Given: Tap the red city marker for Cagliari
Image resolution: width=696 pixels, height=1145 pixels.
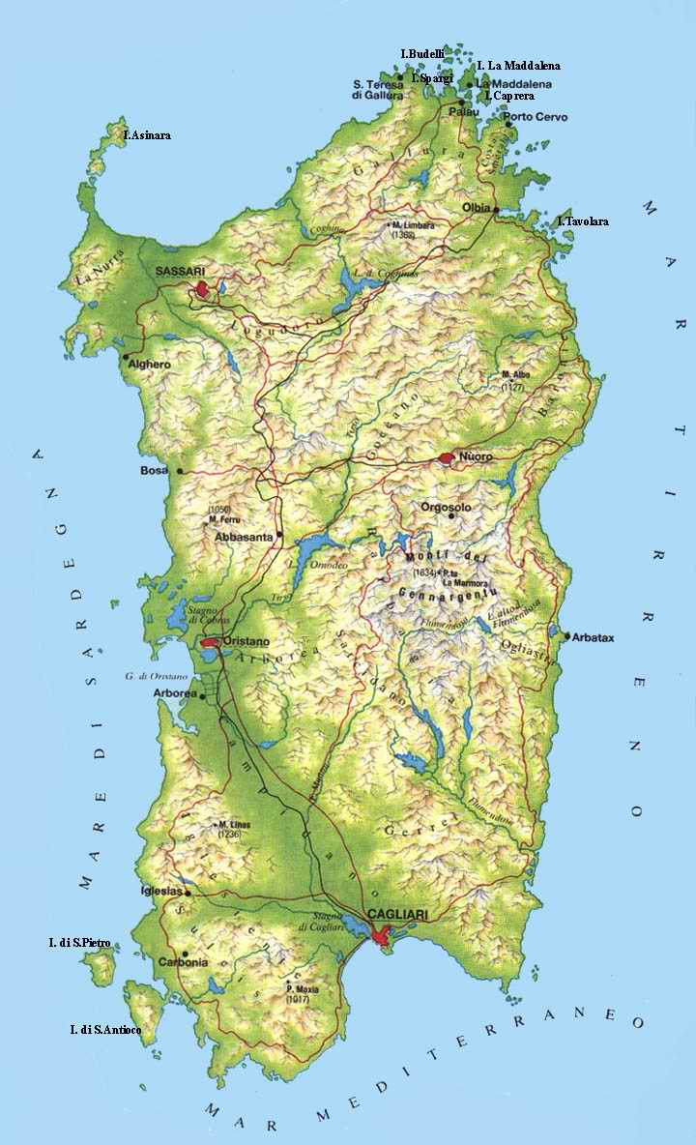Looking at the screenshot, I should click(x=382, y=935).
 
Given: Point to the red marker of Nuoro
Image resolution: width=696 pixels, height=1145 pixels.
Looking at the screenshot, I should click(x=446, y=457).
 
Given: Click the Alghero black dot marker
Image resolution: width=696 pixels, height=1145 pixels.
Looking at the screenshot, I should click(x=125, y=357).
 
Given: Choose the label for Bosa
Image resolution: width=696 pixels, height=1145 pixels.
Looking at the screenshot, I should click(x=154, y=470).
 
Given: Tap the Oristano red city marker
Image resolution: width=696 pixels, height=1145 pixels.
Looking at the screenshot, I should click(x=210, y=641).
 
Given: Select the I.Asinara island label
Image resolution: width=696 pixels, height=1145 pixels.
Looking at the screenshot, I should click(x=147, y=135).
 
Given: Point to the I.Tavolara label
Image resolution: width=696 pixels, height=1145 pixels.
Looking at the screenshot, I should click(x=584, y=221).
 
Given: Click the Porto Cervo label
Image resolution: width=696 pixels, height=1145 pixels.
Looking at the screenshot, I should click(x=542, y=117).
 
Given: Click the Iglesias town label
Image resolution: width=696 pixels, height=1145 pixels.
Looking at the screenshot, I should click(x=161, y=891).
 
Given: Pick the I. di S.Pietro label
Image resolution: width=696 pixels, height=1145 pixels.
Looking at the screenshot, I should click(x=79, y=942).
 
